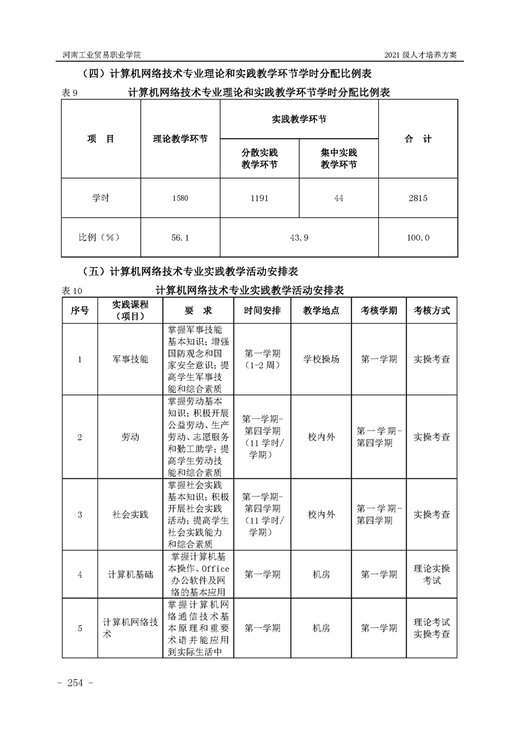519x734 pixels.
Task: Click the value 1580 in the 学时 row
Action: [180, 199]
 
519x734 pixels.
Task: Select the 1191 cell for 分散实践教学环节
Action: [259, 199]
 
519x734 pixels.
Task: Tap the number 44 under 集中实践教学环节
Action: [338, 199]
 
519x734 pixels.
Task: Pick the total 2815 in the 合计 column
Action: [418, 199]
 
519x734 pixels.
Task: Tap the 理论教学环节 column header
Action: [180, 139]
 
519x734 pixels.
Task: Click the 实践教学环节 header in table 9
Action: [298, 120]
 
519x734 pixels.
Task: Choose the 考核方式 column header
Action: [431, 311]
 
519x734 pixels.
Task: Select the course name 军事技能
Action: [130, 359]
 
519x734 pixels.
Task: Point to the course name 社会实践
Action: [130, 515]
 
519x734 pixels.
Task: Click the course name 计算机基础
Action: [130, 574]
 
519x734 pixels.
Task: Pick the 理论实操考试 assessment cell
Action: [431, 574]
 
